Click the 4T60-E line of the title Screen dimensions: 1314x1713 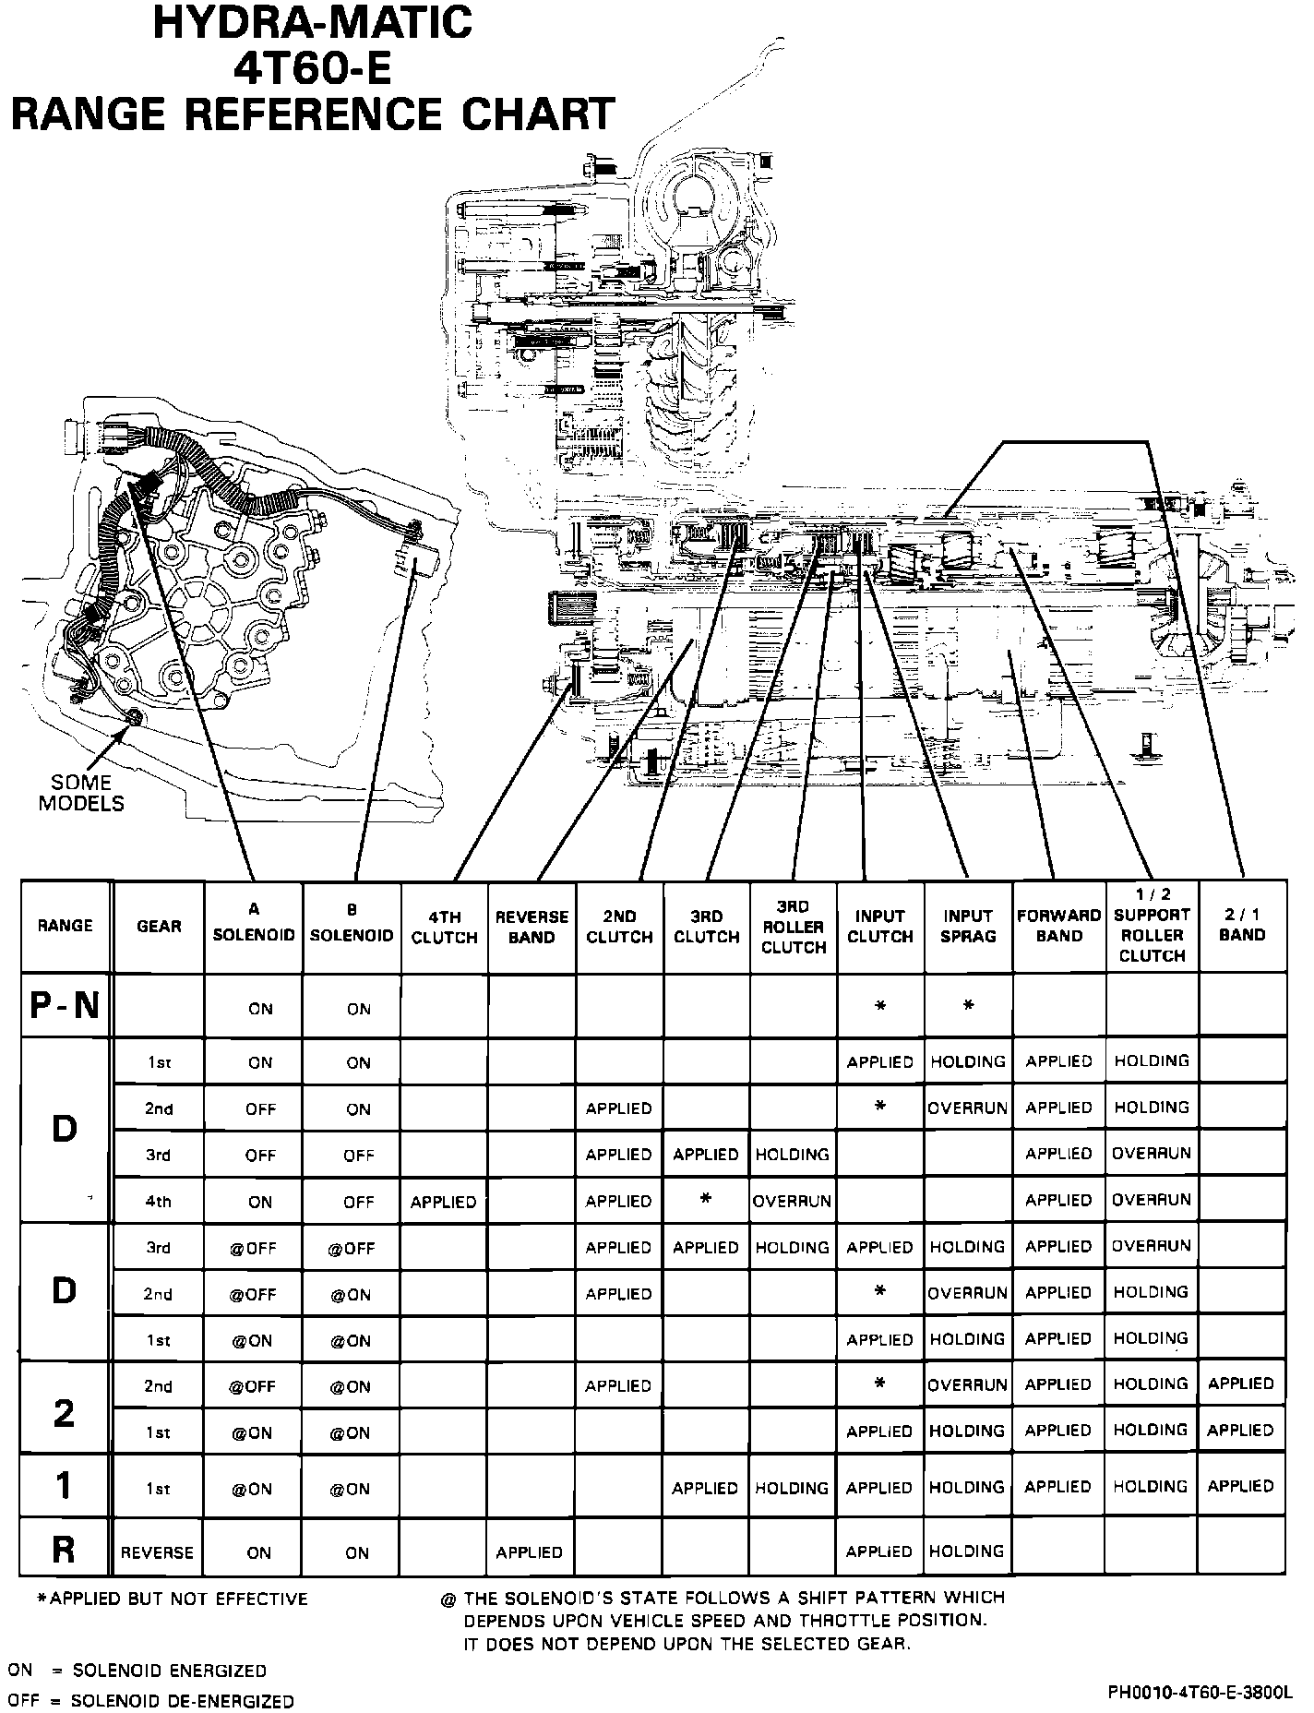[312, 71]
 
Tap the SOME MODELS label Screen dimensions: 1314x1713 [81, 793]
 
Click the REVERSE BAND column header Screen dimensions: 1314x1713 [532, 927]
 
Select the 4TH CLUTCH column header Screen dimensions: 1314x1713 [444, 927]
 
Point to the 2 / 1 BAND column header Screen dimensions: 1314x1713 [1242, 924]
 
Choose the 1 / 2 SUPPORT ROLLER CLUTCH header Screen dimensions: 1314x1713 [1152, 925]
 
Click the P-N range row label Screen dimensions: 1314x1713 [65, 1006]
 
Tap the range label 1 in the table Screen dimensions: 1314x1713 [64, 1486]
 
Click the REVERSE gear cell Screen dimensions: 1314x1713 [158, 1552]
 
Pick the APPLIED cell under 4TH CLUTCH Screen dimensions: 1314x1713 [444, 1202]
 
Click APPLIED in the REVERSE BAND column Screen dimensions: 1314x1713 [530, 1552]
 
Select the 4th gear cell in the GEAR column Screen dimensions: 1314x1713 [159, 1202]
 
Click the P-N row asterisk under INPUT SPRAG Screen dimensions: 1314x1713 [969, 1006]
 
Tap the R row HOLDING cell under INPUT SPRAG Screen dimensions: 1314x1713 [967, 1551]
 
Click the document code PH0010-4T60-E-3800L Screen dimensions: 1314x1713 [1199, 1693]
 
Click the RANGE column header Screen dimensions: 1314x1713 [66, 926]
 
